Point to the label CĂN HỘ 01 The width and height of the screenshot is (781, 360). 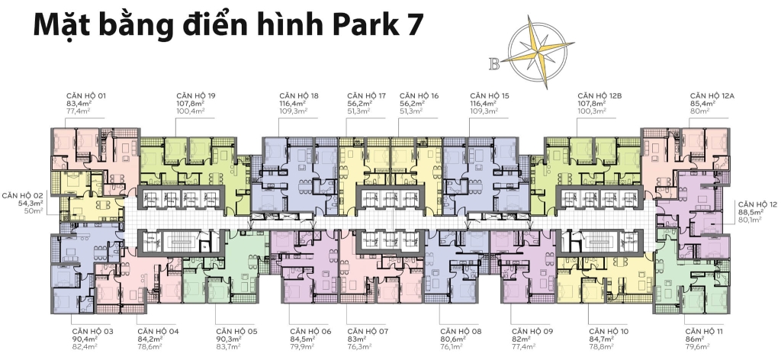[x=87, y=95]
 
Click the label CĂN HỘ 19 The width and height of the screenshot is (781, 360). [x=195, y=95]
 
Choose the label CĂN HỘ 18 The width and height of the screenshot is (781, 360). [x=299, y=95]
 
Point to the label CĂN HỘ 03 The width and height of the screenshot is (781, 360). [x=93, y=331]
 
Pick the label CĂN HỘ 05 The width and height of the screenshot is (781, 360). [x=237, y=331]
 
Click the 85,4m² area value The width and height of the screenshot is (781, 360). [x=703, y=103]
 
